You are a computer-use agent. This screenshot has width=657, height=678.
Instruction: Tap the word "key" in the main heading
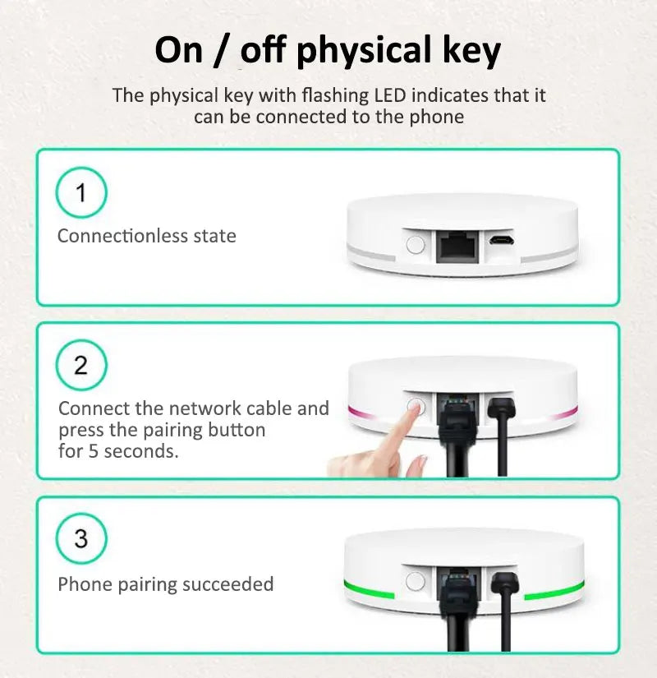pos(469,51)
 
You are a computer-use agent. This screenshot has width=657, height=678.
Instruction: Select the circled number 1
pos(80,192)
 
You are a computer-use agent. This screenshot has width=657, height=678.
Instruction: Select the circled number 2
pos(80,365)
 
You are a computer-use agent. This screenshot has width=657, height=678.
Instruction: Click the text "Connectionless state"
pos(146,236)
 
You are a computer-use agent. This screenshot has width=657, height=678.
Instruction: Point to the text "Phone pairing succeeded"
pos(165,584)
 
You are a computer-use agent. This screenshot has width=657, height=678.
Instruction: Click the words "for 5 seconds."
pos(118,451)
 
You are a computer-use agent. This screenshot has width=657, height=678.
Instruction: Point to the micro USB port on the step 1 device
pos(499,242)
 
